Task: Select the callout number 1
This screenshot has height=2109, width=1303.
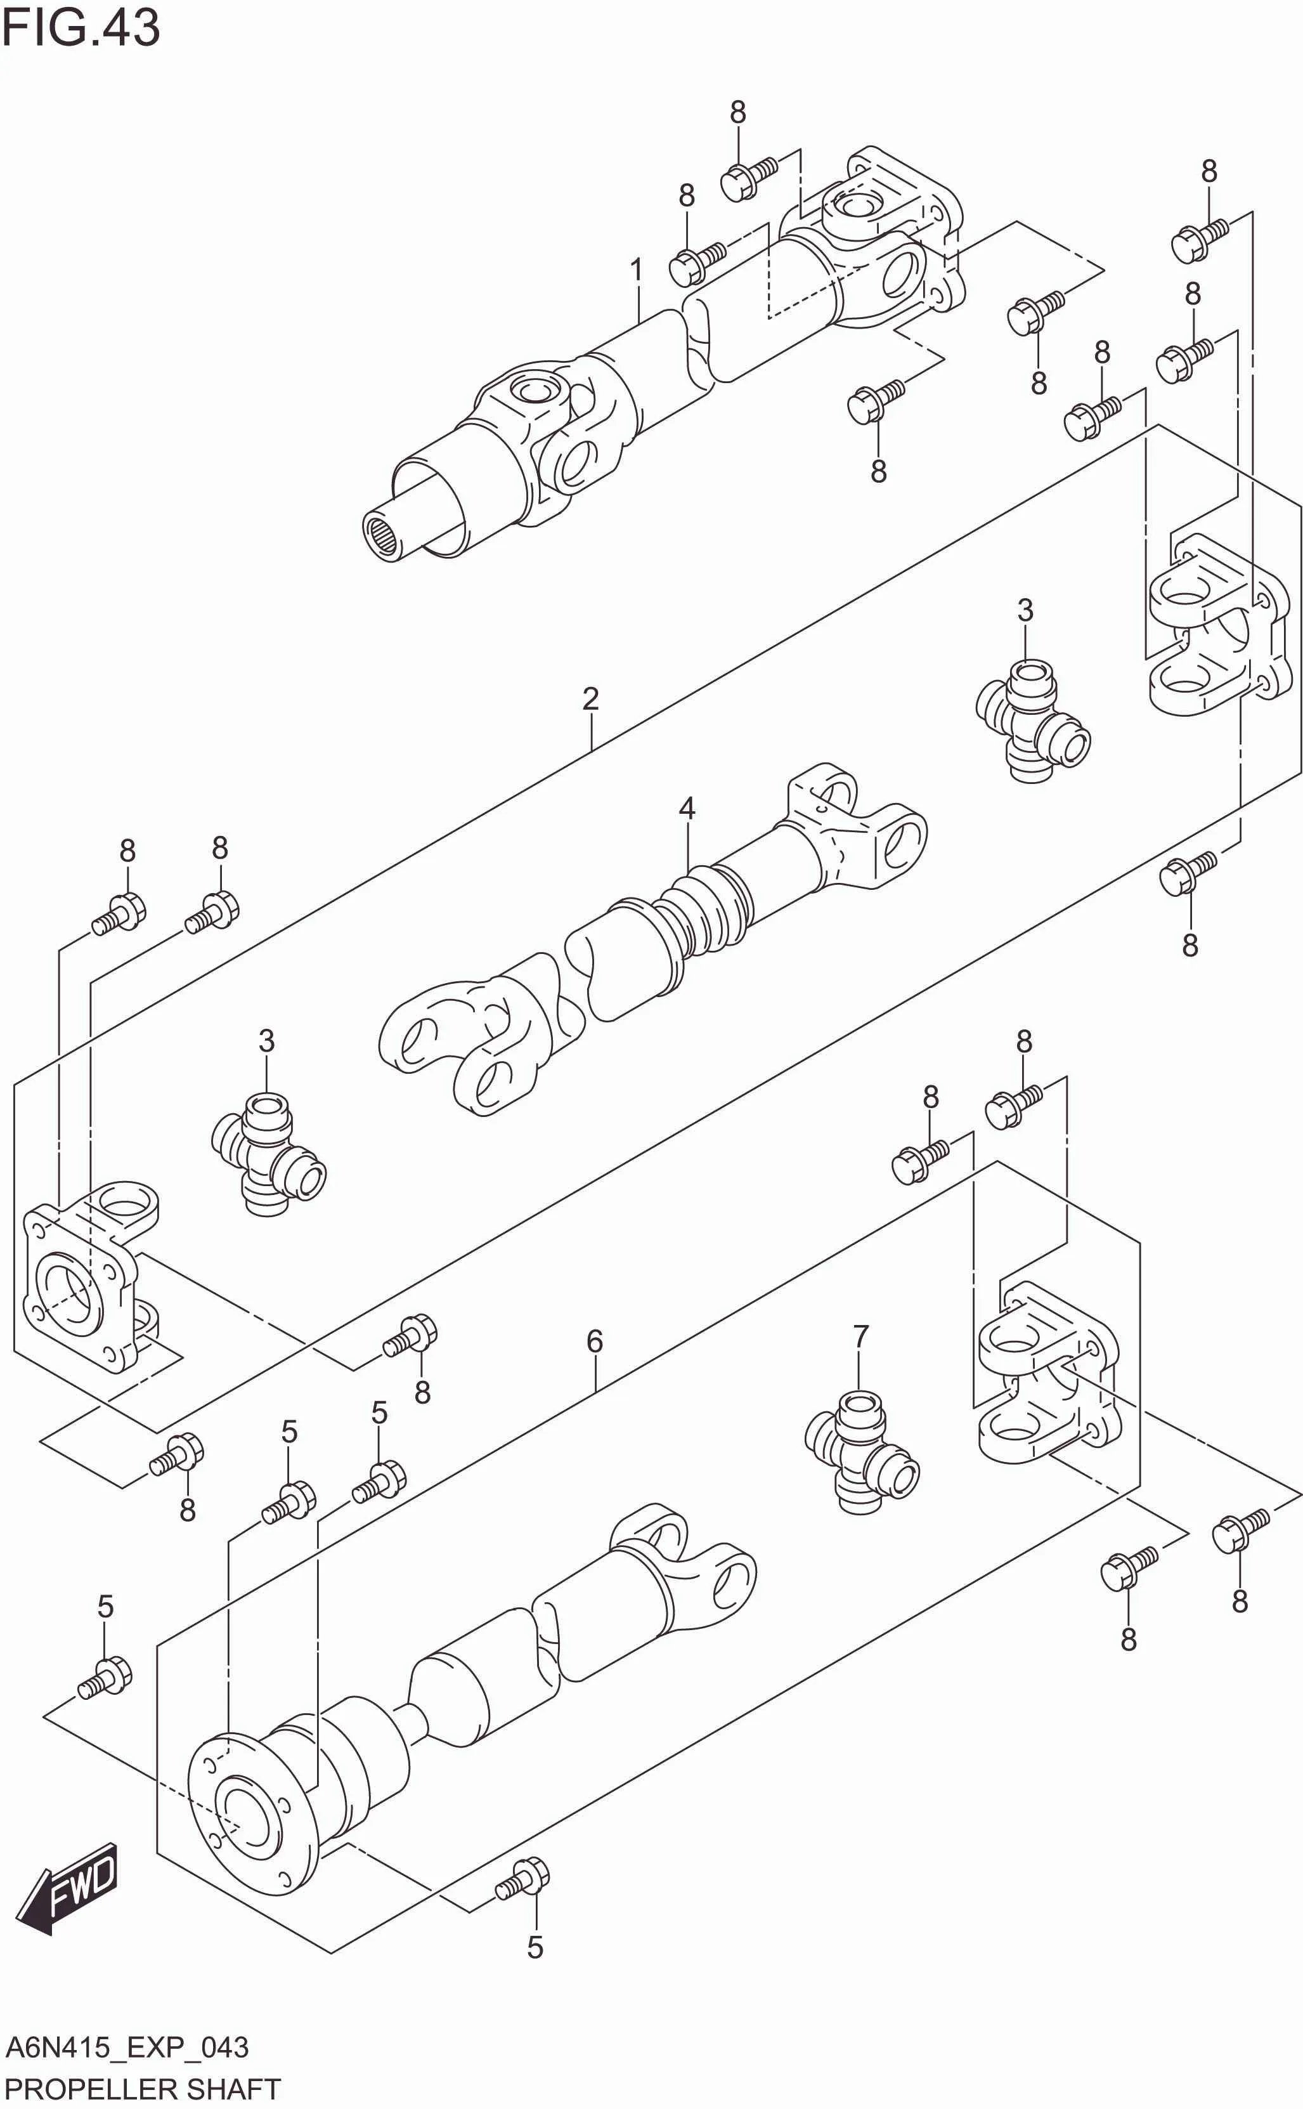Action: pyautogui.click(x=636, y=271)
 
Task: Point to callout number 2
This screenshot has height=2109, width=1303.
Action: pyautogui.click(x=590, y=698)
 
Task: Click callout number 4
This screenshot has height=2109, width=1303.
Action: pyautogui.click(x=687, y=809)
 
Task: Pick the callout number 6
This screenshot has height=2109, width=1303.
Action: pyautogui.click(x=595, y=1341)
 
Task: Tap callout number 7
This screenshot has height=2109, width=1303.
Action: pyautogui.click(x=860, y=1337)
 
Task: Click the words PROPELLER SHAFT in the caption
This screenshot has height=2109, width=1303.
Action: pyautogui.click(x=142, y=2089)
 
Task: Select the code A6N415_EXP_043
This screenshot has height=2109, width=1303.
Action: pyautogui.click(x=127, y=2048)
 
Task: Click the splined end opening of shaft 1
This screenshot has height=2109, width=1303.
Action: pyautogui.click(x=384, y=538)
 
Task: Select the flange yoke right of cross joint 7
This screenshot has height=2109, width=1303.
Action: pyautogui.click(x=1049, y=1372)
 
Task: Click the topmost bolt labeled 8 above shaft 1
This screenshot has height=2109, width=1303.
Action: pyautogui.click(x=747, y=178)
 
